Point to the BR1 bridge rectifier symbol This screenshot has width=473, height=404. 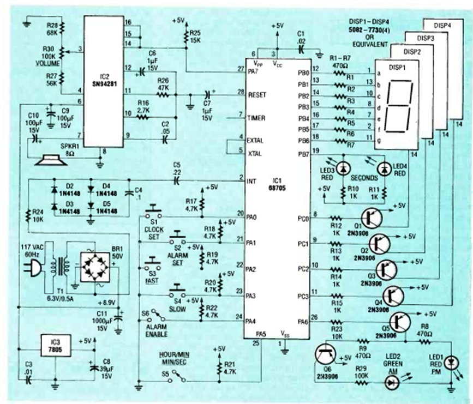pyautogui.click(x=96, y=267)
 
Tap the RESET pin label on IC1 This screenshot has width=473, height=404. pyautogui.click(x=258, y=94)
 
